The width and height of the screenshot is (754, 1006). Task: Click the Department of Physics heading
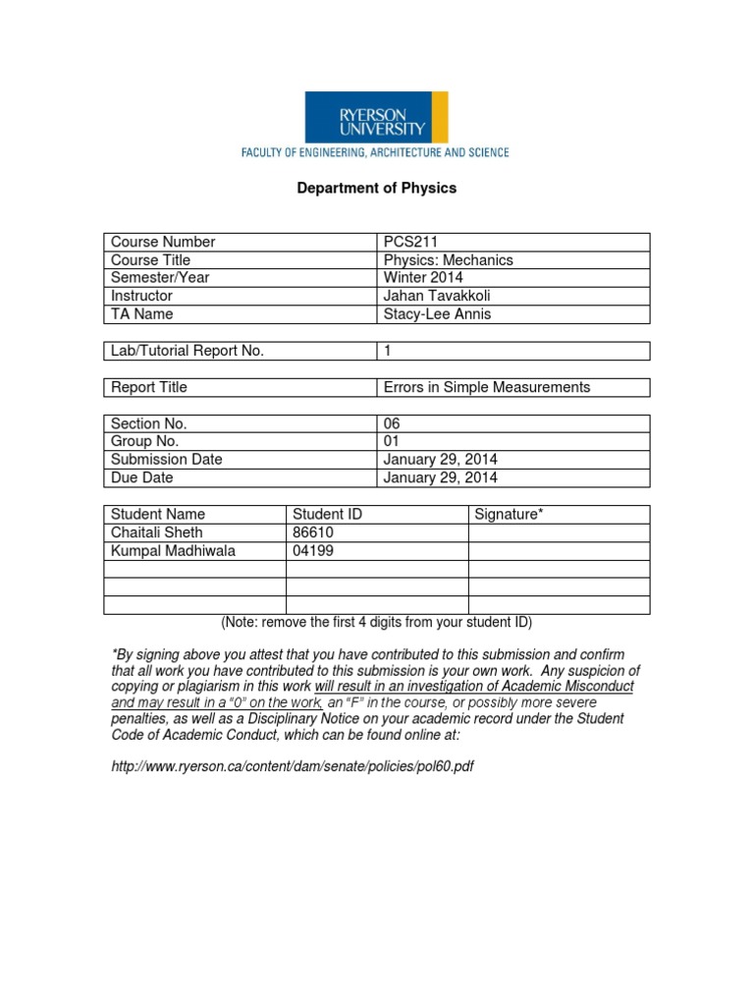tap(377, 188)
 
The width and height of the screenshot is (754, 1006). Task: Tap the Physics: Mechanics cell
tap(448, 260)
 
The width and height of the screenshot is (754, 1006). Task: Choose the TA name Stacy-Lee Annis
tap(436, 314)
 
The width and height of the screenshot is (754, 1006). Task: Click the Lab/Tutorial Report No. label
tap(188, 351)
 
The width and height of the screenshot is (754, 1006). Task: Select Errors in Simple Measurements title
tap(487, 387)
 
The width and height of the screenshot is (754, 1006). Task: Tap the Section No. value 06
tap(394, 423)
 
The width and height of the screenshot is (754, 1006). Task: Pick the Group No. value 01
tap(393, 441)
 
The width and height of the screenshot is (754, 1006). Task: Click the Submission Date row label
tap(167, 460)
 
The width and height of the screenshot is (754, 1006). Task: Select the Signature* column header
tap(509, 514)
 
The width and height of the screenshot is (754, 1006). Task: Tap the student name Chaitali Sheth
tap(157, 532)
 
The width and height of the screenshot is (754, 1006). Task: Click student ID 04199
tap(313, 550)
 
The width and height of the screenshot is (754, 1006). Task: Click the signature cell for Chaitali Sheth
tap(558, 532)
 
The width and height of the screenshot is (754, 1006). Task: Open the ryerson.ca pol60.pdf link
tap(293, 766)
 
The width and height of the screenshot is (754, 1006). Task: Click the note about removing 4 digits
tap(377, 623)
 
